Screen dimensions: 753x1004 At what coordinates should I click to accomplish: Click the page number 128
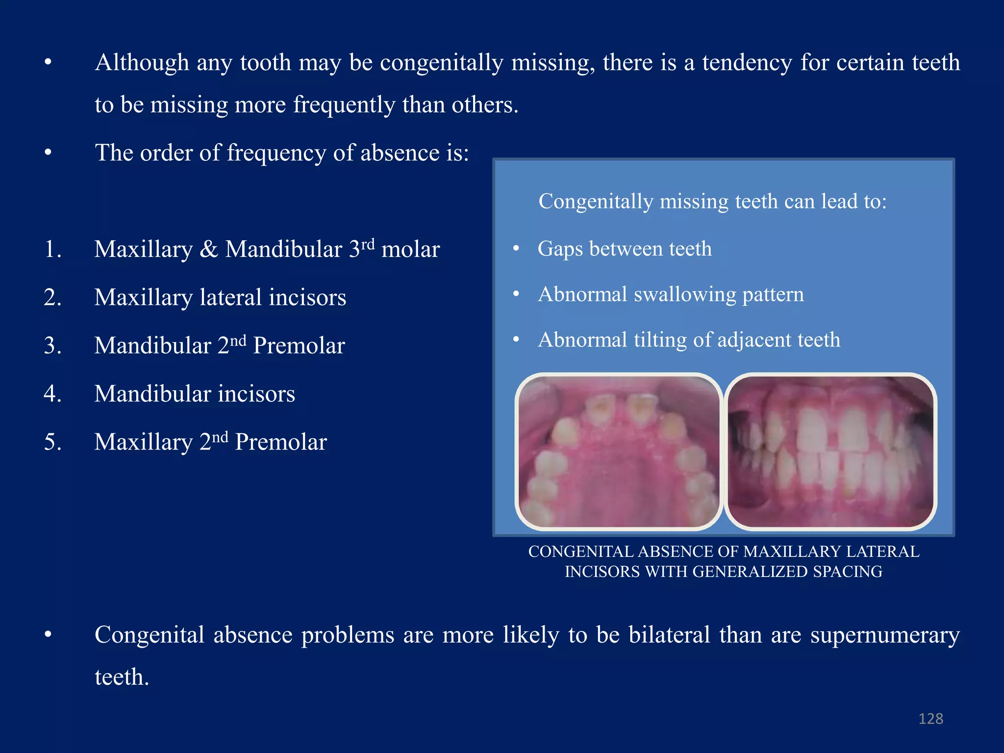point(930,719)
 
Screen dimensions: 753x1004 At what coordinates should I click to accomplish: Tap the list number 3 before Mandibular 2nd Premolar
point(52,346)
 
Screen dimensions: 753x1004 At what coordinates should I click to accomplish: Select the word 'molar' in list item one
point(410,250)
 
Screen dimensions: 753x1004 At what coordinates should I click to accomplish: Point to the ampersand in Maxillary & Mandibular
point(209,250)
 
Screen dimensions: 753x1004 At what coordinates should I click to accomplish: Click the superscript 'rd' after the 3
point(368,244)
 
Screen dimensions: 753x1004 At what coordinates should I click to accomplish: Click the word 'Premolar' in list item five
point(281,442)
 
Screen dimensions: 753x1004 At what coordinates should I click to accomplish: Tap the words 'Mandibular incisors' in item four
point(195,394)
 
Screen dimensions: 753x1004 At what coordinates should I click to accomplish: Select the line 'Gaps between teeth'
point(624,249)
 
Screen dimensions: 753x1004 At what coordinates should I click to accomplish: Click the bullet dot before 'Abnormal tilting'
point(516,339)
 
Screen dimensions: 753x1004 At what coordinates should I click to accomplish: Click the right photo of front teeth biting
point(830,452)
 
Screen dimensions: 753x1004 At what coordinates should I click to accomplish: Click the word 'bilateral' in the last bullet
point(669,635)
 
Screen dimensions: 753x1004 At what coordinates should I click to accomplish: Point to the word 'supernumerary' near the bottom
point(884,635)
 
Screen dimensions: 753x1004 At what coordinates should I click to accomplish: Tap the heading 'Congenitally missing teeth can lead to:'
point(712,201)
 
